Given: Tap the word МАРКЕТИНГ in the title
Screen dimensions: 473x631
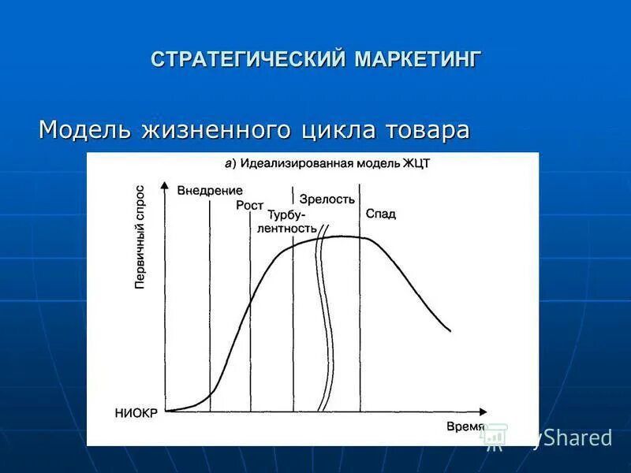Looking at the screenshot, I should pos(417,60).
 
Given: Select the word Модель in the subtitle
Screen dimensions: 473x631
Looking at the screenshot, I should pos(86,129).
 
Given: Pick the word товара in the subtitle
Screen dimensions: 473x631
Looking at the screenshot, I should pos(427,129).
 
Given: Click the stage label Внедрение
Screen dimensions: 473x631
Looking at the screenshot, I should pos(210,191).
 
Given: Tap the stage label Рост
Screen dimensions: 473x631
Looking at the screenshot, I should pos(250,205).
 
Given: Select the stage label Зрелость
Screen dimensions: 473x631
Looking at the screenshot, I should pos(327,199).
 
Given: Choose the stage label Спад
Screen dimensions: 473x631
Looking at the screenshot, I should pos(381,214).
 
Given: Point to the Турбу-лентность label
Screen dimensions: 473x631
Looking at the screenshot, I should pos(288,222).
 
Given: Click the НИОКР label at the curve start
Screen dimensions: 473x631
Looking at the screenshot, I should pos(136,413).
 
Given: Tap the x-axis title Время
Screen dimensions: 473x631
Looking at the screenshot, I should pos(465,426).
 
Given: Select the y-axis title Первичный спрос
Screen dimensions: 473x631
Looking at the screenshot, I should pos(140,237).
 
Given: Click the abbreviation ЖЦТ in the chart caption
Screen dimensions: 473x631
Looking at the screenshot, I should pos(416,163).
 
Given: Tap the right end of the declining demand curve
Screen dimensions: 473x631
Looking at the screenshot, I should pos(450,330).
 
